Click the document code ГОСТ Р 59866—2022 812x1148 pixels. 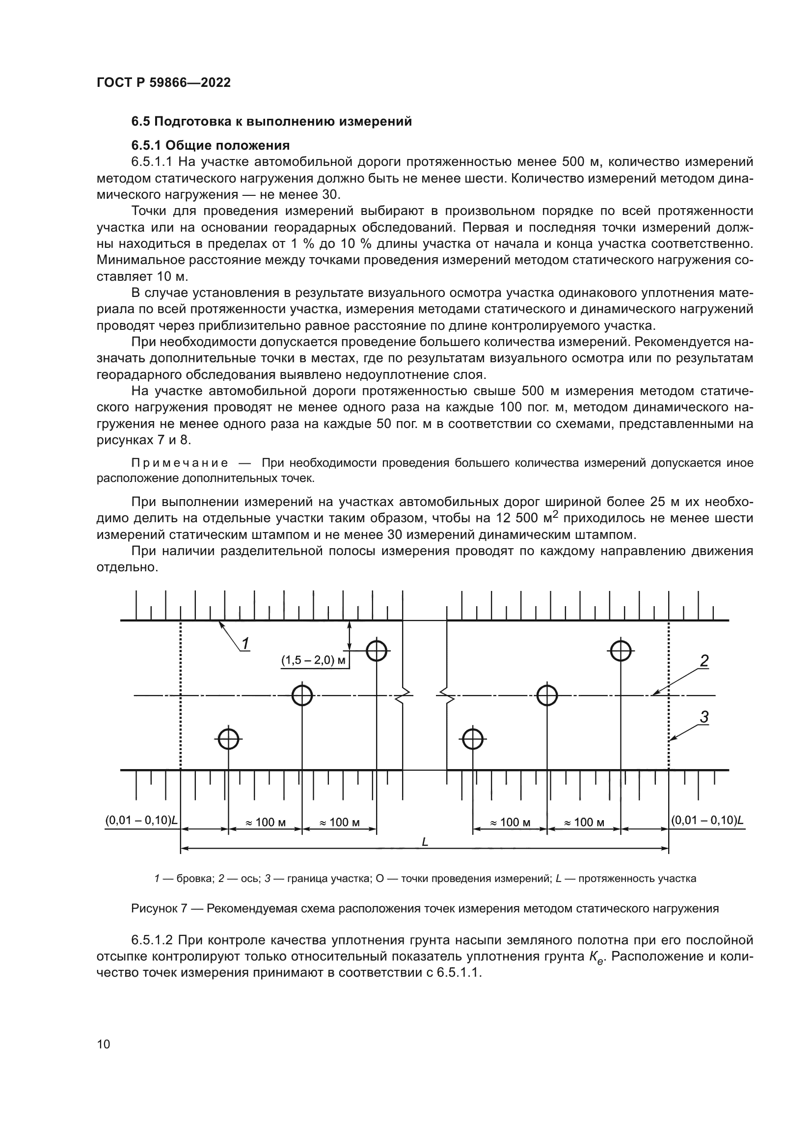point(163,83)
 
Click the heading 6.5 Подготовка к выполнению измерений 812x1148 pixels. point(271,122)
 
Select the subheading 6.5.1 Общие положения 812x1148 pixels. point(211,145)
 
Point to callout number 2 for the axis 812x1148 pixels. point(704,662)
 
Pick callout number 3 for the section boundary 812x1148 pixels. point(704,718)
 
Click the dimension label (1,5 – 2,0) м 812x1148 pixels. point(314,661)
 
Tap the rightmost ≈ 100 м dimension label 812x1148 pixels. point(584,823)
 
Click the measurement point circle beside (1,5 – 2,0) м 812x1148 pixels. point(377,651)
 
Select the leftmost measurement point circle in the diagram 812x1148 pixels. point(228,739)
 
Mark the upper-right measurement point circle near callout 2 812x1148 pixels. point(621,651)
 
